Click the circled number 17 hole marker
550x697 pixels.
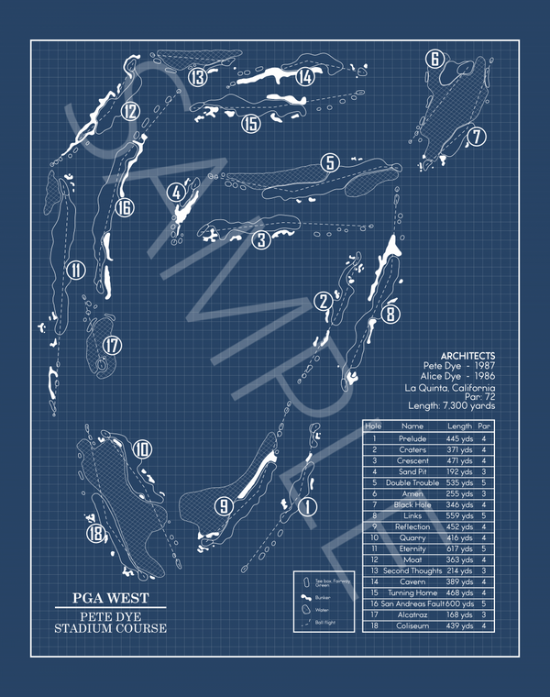112,346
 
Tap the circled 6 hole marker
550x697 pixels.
435,60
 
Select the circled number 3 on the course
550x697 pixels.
262,240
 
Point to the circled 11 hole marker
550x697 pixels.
75,270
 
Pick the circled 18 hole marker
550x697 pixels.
95,534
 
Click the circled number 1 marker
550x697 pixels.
307,505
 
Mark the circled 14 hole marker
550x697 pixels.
305,78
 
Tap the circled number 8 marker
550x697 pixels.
391,315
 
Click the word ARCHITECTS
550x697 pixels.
467,356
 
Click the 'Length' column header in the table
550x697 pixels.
459,426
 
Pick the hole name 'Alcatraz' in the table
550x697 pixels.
412,614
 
